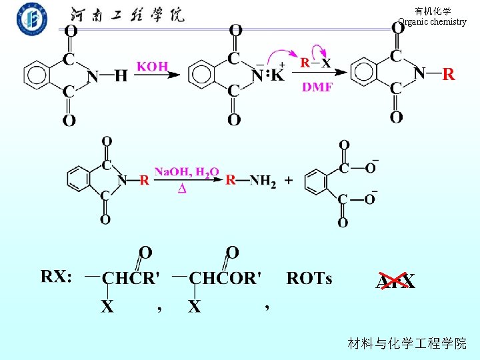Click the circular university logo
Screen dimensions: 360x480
tap(32, 19)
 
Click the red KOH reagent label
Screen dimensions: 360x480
tap(153, 67)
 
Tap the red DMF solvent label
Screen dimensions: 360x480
tap(317, 87)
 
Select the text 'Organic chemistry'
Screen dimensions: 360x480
tap(432, 21)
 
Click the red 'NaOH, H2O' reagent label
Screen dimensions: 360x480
tap(187, 173)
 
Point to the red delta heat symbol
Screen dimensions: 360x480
tap(181, 189)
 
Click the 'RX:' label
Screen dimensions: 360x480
tap(57, 277)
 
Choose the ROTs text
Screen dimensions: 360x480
tap(309, 278)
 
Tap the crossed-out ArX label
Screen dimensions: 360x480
tap(395, 282)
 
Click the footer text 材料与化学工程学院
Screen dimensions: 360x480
tap(407, 343)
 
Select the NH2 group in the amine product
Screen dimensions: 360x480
tap(263, 181)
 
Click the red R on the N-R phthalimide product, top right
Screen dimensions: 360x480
tap(449, 74)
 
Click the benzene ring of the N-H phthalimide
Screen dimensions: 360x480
tap(39, 75)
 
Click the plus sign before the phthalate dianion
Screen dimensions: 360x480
tap(288, 180)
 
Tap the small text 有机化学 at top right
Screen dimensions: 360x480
tap(433, 11)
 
